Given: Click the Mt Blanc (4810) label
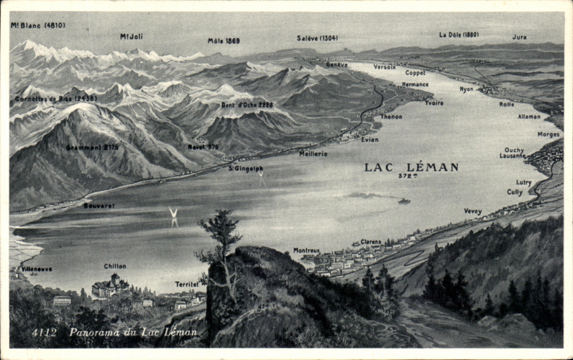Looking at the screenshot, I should coord(38,25).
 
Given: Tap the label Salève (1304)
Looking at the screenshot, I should coord(317,38).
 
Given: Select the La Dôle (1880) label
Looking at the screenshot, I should coord(459,34).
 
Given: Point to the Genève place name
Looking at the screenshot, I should coord(337,65).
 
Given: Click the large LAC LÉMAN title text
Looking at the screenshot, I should coord(411,167).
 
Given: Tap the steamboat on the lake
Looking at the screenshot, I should coord(404,201).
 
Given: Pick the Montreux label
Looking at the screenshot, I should coord(306,250).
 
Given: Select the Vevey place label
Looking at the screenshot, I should coord(473,211).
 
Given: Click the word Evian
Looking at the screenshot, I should coord(369,140).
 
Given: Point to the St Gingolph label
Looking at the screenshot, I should coord(246,169).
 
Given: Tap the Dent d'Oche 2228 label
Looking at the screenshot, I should coord(247,105).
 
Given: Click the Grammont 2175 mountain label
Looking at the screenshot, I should coord(92,147).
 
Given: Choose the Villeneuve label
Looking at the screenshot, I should coord(37,269).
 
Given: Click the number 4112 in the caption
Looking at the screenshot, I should coord(44,332).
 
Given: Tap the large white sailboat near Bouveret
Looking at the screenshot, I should coord(173,213).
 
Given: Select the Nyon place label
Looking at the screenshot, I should coord(466,89).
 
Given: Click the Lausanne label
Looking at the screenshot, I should coord(512,156).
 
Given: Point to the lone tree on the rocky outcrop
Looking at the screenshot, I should coord(221,237).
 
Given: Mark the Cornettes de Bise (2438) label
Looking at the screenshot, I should coord(56,99).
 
